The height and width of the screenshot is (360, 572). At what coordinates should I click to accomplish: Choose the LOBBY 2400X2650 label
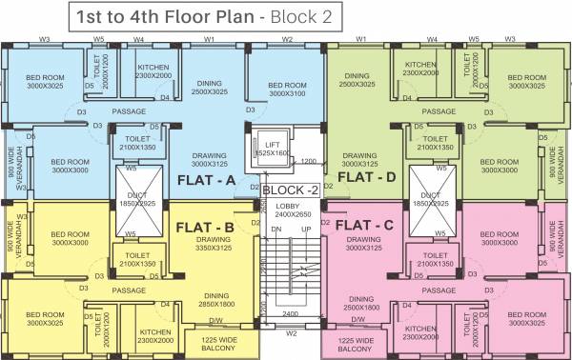point(288,210)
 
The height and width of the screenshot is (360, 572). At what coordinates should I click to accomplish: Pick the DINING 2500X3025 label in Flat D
point(357,79)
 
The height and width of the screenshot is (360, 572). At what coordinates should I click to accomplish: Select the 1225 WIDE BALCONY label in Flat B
point(217,345)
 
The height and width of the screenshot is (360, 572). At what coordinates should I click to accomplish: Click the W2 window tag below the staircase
point(293,333)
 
